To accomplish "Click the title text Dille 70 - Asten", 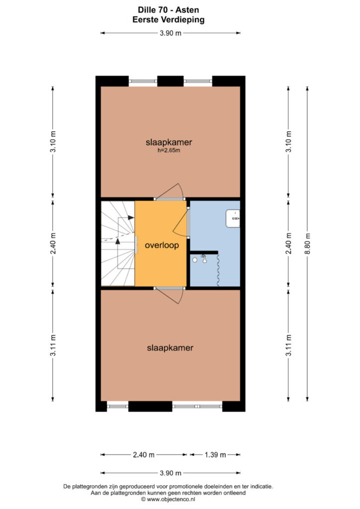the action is (169, 10).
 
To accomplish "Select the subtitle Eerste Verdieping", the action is (169, 20).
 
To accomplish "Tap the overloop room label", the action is (162, 245).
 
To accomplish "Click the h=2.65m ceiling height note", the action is (169, 150).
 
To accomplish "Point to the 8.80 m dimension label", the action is (308, 244).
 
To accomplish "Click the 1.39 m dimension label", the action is (215, 454).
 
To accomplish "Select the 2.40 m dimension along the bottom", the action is (144, 454).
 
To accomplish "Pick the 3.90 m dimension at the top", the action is (171, 33).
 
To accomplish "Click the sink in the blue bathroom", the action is (233, 219).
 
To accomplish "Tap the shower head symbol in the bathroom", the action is (204, 258).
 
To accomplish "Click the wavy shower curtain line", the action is (218, 270).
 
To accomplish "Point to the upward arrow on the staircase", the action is (117, 241).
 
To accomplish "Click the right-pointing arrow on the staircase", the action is (131, 218).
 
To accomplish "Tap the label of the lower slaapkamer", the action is (170, 347).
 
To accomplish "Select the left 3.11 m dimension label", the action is (53, 345).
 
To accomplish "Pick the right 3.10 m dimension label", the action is (288, 142).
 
